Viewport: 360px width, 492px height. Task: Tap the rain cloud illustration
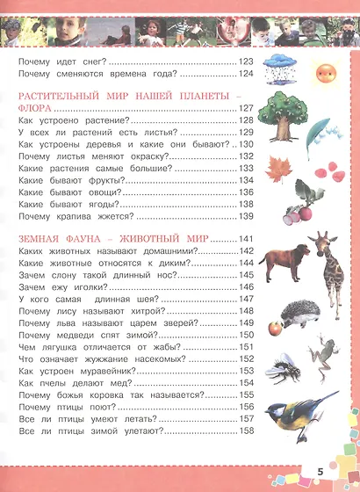tap(281, 66)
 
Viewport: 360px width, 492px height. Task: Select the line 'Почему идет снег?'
tap(61, 61)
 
